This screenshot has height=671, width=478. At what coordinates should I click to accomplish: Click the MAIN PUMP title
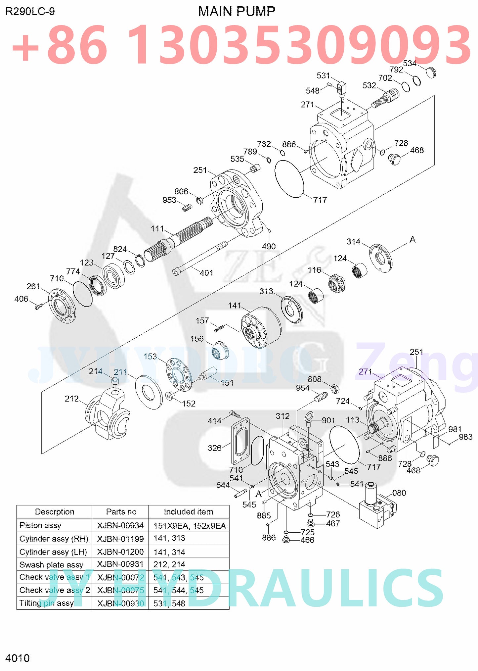236,12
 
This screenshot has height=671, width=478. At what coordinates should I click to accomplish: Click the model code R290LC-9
30,12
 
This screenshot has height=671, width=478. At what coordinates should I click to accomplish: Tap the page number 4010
17,658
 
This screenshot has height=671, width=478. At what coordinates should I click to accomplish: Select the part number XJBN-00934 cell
120,525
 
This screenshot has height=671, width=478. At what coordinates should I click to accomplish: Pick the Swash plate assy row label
51,564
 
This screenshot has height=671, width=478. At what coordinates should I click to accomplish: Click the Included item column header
188,512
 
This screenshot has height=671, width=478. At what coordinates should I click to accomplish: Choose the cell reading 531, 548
169,603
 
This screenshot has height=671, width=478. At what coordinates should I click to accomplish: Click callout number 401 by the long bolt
206,273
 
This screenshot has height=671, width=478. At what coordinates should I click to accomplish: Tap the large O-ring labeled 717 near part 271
289,179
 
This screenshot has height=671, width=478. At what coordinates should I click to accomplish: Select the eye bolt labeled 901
309,418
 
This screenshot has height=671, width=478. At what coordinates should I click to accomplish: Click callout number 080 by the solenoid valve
399,493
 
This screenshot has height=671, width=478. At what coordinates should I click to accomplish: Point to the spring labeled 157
219,328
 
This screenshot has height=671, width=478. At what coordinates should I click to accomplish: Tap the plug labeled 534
431,72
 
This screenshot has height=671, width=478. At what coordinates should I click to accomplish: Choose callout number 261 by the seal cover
33,286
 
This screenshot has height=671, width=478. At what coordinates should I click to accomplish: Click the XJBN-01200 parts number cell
120,552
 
